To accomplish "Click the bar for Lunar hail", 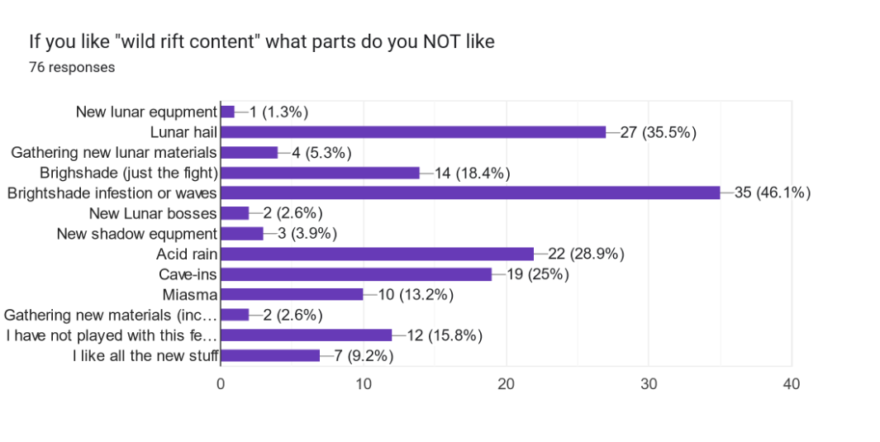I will (x=413, y=131).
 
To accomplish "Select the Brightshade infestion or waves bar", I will (x=470, y=192).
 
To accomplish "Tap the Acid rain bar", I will (x=377, y=254).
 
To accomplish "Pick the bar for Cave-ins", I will (x=356, y=274).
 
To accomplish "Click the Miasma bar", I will (x=292, y=294).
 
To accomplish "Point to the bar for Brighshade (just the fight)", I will (x=321, y=173).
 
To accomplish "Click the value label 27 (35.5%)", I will (x=658, y=131).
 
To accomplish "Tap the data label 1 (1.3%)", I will (x=273, y=112).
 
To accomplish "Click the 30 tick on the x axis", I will (x=649, y=384).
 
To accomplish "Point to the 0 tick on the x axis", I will (x=221, y=384).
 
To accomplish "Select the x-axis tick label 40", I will (x=792, y=384).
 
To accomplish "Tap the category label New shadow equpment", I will (x=136, y=234).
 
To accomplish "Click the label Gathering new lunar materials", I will (x=114, y=152).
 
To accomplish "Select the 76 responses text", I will (x=72, y=67).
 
